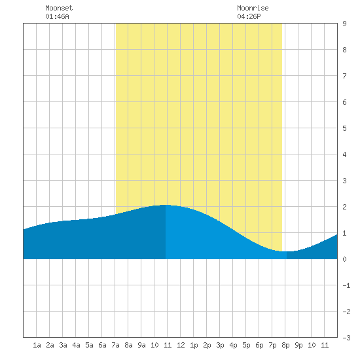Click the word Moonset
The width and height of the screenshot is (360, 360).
(x=59, y=8)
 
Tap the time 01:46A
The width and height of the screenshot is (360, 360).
(x=57, y=16)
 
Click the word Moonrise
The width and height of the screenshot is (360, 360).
(x=253, y=8)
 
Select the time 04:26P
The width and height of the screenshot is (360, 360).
(x=249, y=16)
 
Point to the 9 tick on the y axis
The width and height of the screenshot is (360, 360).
(x=344, y=24)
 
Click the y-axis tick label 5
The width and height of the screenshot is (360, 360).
(x=344, y=128)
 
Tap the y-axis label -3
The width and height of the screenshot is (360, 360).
(x=346, y=338)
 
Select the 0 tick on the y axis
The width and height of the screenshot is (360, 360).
(x=344, y=259)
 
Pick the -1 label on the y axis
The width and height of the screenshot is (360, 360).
(x=346, y=285)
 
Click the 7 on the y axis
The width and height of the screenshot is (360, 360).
(x=344, y=76)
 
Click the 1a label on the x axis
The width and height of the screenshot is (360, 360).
(x=37, y=345)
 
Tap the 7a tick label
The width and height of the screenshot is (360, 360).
(x=115, y=345)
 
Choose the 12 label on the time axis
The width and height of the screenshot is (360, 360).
(x=181, y=345)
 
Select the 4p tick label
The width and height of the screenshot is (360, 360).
(x=233, y=345)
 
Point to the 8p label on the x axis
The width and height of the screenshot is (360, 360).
(x=285, y=345)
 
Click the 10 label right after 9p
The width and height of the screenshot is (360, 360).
(x=312, y=345)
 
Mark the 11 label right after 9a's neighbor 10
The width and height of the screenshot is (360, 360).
(x=168, y=345)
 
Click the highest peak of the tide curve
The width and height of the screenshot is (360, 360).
(x=166, y=205)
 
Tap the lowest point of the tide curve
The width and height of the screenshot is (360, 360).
(x=287, y=251)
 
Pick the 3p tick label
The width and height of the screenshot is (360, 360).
(x=220, y=345)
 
